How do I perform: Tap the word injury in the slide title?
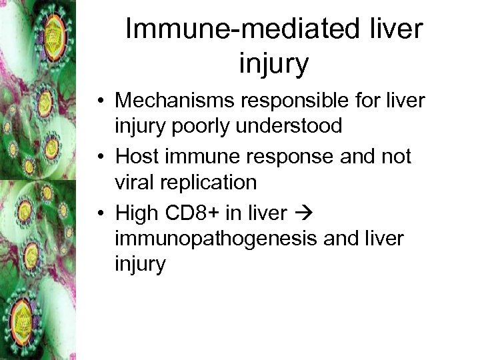click(x=273, y=63)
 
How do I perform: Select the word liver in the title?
click(x=397, y=30)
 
